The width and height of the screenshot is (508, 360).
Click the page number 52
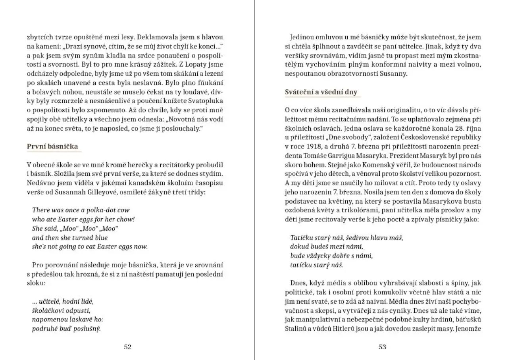point(127,347)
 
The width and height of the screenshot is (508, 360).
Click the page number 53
point(382,347)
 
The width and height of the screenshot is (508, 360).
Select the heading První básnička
point(52,146)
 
